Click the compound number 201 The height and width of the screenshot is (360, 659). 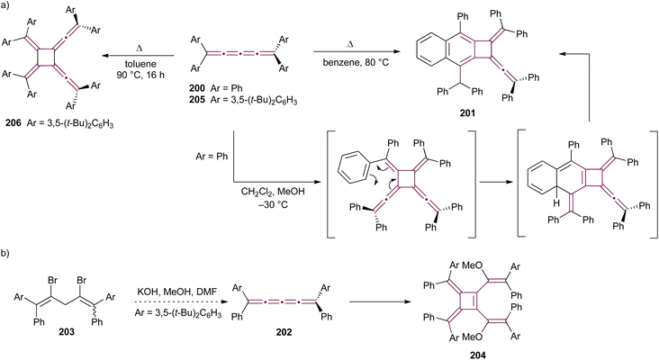pos(467,113)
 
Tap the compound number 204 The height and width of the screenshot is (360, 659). pos(478,355)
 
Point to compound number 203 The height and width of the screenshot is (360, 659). pos(67,332)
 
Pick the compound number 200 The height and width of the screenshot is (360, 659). pos(196,88)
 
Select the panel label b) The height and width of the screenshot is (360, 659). pos(5,254)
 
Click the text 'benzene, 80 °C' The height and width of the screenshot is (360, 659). pos(356,63)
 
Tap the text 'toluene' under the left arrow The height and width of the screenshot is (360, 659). pos(140,64)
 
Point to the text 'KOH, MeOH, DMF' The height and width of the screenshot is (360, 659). pos(177,291)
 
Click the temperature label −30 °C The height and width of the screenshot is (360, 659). pos(273,205)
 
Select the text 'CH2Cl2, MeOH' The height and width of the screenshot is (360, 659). pos(273,193)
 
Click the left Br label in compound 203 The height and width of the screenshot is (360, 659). pos(52,280)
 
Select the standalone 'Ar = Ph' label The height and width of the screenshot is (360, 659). pos(212,157)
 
